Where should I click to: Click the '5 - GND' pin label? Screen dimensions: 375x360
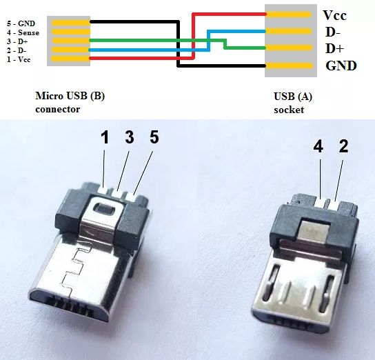click(21, 23)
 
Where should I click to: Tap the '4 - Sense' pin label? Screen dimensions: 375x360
click(23, 32)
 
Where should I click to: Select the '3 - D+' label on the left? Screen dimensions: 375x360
click(17, 41)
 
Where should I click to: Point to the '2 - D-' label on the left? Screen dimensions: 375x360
click(17, 50)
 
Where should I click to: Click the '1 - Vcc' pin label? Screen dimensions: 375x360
click(19, 59)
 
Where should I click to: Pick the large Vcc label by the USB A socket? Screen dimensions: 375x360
click(334, 15)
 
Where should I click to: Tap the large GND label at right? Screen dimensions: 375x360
click(341, 66)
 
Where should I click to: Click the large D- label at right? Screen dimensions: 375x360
click(333, 32)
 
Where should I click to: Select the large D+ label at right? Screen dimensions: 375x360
click(334, 49)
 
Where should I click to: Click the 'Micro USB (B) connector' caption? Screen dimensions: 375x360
click(70, 103)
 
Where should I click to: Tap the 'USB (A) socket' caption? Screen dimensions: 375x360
click(293, 103)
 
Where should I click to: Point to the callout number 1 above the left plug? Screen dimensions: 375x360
click(105, 138)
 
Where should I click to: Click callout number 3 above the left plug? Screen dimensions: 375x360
click(130, 137)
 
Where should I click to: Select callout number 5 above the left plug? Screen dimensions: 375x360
click(154, 137)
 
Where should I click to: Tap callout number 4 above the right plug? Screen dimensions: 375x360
click(318, 146)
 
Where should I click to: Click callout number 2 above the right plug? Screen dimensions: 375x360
click(343, 146)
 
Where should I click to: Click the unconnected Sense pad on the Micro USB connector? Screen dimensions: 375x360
click(71, 32)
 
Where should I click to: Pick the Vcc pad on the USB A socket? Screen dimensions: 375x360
click(288, 14)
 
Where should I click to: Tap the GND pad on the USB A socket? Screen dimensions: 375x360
click(289, 66)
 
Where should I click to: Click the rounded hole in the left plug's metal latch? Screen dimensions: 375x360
click(104, 208)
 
